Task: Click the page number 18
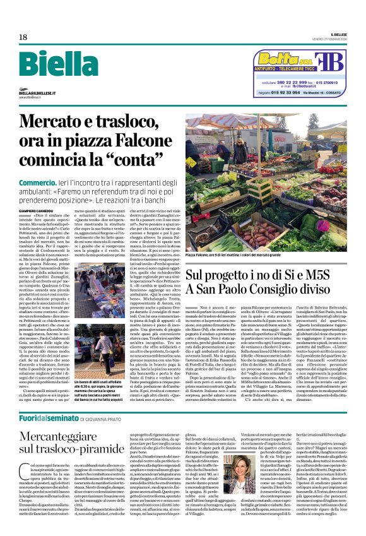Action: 23,37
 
